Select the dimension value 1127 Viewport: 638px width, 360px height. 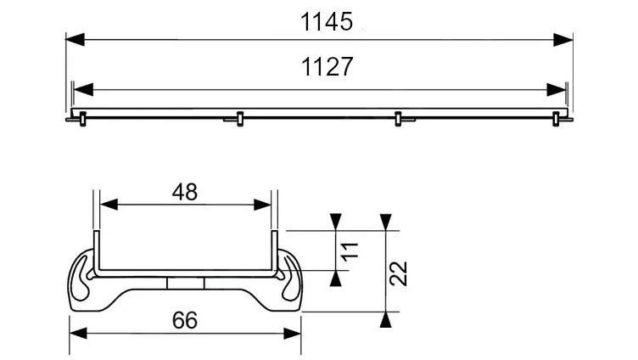pos(327,67)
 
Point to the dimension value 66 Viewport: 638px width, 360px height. pos(184,320)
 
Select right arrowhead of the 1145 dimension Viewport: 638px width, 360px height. pos(564,39)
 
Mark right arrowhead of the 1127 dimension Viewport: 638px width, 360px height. pos(557,88)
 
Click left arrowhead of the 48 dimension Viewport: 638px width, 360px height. pos(108,205)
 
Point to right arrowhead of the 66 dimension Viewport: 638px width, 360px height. pos(292,333)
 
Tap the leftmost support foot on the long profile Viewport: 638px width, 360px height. pos(80,120)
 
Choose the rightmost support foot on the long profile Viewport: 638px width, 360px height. pos(558,120)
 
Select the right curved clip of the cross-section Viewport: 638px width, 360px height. pos(289,277)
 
